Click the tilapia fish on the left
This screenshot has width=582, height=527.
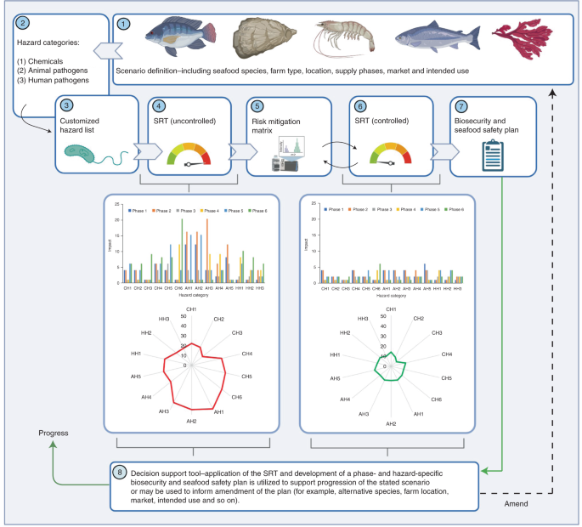click(x=177, y=38)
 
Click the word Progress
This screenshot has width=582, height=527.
click(x=54, y=433)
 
